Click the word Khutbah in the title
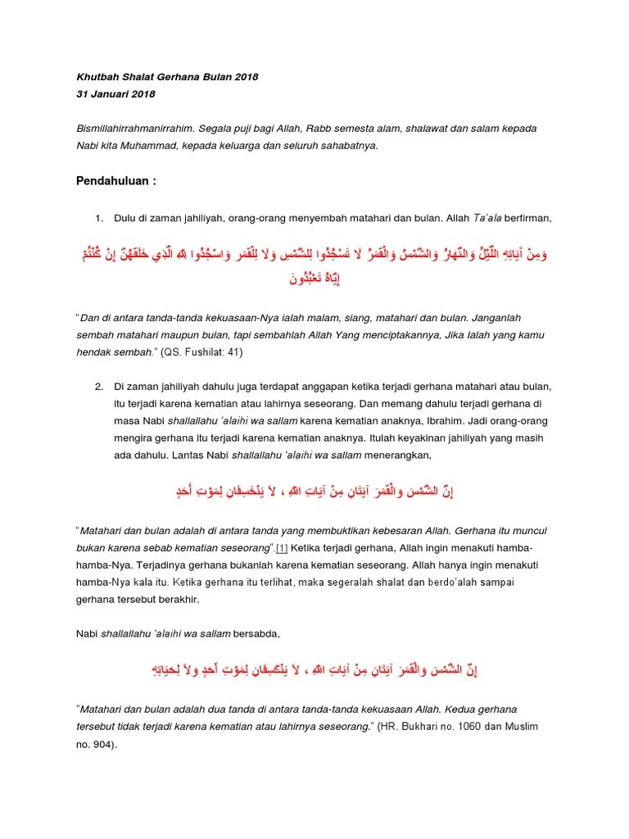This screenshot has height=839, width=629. point(93,77)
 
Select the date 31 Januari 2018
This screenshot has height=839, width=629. point(115,94)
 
